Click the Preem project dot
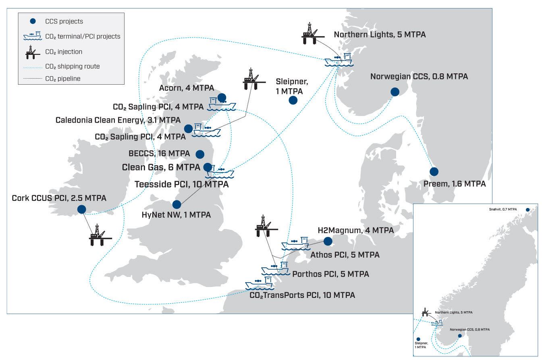tap(434, 171)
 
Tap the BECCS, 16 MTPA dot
tap(200, 154)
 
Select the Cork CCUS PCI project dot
tap(81, 209)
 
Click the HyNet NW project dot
tap(176, 204)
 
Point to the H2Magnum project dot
tap(328, 241)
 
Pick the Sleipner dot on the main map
tap(293, 100)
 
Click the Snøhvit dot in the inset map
tap(528, 210)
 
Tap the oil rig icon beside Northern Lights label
tap(313, 33)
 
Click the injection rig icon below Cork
tap(100, 235)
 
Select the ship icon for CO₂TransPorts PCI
tap(260, 283)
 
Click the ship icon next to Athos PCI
tap(296, 243)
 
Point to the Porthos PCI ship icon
tap(276, 268)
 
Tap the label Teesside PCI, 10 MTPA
tap(182, 184)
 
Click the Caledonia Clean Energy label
tap(118, 120)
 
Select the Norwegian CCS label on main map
tap(419, 77)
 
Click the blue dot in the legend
tap(33, 21)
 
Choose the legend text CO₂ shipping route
tap(73, 66)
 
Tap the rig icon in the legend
tap(33, 52)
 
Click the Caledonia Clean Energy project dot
tap(188, 129)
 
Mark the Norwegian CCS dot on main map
tap(395, 92)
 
